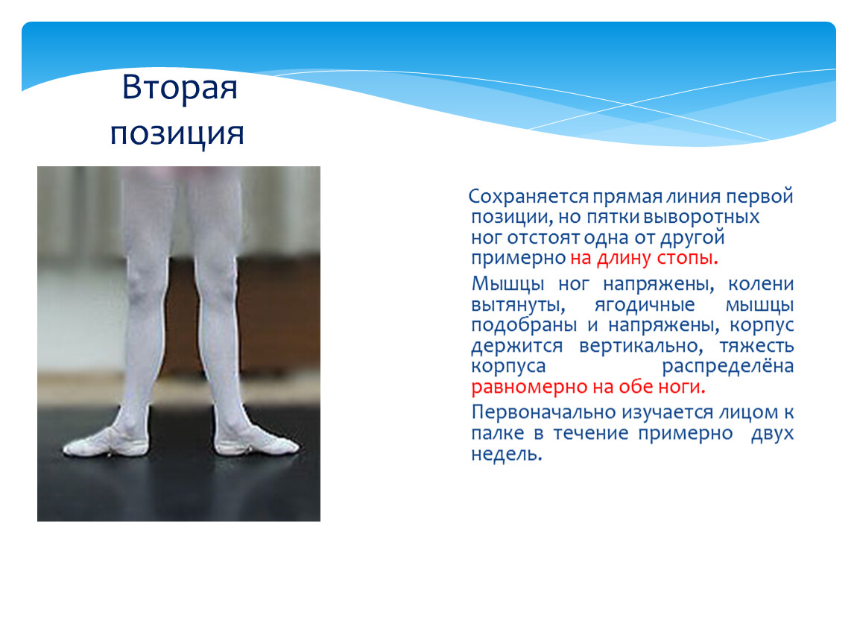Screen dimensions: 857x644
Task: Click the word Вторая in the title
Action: pyautogui.click(x=180, y=87)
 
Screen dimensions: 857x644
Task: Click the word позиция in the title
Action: pyautogui.click(x=177, y=133)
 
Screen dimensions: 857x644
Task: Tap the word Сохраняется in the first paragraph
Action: pyautogui.click(x=528, y=196)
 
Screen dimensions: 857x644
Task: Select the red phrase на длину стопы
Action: pyautogui.click(x=644, y=258)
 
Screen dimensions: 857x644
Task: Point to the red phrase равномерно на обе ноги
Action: pyautogui.click(x=588, y=387)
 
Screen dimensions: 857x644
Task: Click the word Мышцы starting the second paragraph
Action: pyautogui.click(x=507, y=284)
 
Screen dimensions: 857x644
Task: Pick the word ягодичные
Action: pyautogui.click(x=645, y=305)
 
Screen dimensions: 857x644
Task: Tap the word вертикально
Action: pyautogui.click(x=641, y=346)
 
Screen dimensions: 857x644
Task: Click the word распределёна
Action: pyautogui.click(x=727, y=367)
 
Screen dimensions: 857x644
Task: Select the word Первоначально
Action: pyautogui.click(x=544, y=412)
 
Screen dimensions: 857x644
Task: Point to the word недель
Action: pyautogui.click(x=507, y=454)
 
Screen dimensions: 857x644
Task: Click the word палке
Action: pyautogui.click(x=497, y=433)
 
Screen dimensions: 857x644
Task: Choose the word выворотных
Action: pyautogui.click(x=701, y=217)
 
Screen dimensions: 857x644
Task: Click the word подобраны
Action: pyautogui.click(x=524, y=325)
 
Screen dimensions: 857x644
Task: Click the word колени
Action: pyautogui.click(x=761, y=284)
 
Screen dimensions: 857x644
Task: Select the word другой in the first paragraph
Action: pyautogui.click(x=692, y=238)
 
